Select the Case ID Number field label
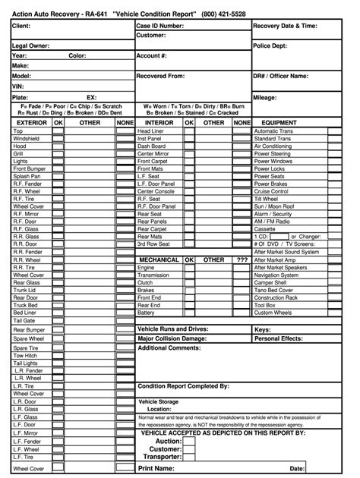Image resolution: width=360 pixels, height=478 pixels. click(160, 26)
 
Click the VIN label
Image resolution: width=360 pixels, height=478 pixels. click(19, 86)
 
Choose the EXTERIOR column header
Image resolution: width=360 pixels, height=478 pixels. click(32, 121)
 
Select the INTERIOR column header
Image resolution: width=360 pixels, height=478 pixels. click(159, 121)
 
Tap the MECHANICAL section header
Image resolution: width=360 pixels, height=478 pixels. click(159, 259)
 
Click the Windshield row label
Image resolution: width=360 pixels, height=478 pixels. click(27, 140)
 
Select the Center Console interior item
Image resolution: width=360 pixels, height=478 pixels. click(156, 192)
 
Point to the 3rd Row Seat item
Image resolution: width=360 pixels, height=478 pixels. click(153, 244)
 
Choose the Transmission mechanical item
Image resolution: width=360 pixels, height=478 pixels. click(153, 275)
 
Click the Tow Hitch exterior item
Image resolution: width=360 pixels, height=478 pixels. click(25, 355)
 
